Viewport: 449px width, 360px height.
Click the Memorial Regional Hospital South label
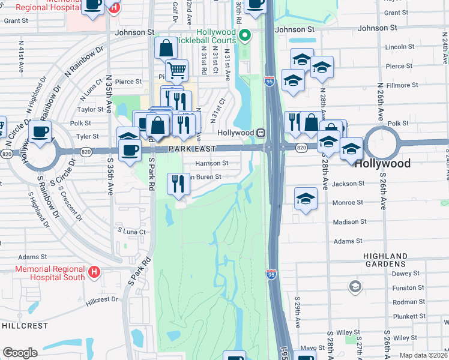(x=50, y=273)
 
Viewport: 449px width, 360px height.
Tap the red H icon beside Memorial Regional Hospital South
(x=94, y=273)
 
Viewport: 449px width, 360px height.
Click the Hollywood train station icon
(x=261, y=133)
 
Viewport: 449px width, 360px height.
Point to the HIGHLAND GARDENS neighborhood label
(x=393, y=260)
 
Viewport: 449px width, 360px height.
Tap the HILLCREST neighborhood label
(x=25, y=325)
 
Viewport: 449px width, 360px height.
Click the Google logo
(x=20, y=353)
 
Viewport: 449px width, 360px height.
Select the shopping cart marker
(x=176, y=70)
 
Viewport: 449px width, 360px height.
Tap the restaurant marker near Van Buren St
(x=177, y=183)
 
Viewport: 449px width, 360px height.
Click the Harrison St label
(x=212, y=163)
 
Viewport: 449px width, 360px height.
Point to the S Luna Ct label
(x=131, y=230)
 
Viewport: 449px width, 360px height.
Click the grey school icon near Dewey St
(x=355, y=286)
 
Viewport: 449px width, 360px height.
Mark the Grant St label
(x=16, y=20)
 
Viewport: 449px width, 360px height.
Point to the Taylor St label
(x=91, y=109)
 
